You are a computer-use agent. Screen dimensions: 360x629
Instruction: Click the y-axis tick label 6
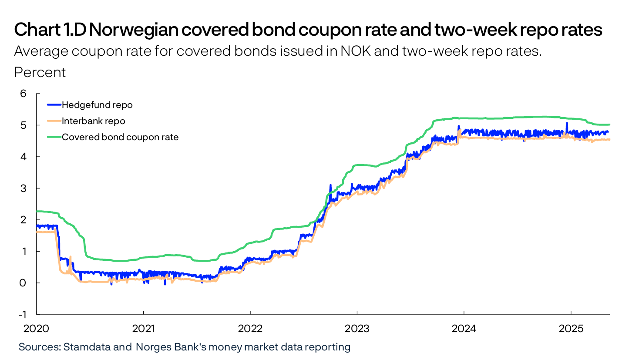click(23, 94)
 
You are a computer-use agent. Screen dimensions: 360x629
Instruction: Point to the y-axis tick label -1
click(22, 314)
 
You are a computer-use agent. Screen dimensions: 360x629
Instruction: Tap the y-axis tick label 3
click(23, 188)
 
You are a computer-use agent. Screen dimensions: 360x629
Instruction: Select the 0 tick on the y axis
click(23, 283)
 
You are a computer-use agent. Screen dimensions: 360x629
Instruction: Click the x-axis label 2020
click(36, 326)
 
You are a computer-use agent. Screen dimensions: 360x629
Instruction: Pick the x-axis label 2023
click(357, 326)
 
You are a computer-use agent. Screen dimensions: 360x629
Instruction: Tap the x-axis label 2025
click(571, 326)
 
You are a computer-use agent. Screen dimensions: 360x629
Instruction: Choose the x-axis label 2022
click(250, 326)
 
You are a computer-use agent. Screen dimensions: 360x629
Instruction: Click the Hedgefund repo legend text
click(97, 105)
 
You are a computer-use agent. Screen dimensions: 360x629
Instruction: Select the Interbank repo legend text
click(94, 121)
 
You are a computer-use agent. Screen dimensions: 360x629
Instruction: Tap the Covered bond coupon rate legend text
click(120, 137)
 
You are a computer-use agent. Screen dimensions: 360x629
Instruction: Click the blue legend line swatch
click(54, 105)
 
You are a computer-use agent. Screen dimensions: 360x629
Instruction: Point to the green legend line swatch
click(54, 137)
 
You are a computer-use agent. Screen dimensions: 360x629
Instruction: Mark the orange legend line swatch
click(54, 121)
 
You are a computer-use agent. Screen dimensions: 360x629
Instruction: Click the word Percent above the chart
click(40, 72)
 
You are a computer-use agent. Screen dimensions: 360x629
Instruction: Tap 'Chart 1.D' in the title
click(50, 30)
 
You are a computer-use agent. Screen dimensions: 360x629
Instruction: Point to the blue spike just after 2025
click(567, 124)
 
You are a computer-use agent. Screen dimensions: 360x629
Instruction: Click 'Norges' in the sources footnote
click(151, 347)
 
